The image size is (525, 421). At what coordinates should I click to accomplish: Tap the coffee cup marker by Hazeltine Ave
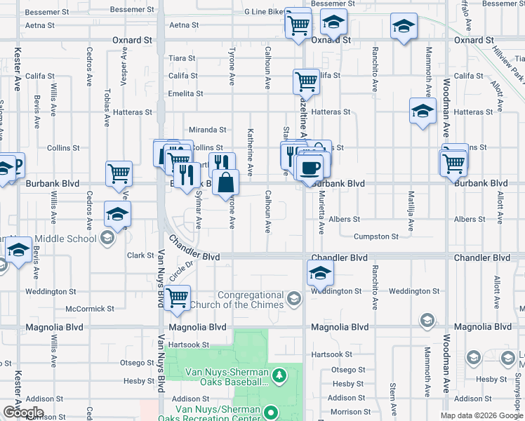pos(310,168)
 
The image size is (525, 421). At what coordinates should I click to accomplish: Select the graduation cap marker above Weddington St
pos(320,272)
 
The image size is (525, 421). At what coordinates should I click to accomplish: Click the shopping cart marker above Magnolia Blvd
pos(178,298)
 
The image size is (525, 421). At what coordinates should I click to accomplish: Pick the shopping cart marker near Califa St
pos(306,82)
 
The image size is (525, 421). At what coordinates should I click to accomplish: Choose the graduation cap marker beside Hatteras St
pos(423,111)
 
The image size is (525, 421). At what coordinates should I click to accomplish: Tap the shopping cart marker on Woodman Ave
pos(454,163)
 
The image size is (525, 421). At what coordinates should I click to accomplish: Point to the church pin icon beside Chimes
pos(294,300)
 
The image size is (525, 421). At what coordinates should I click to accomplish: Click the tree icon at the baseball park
pos(279,376)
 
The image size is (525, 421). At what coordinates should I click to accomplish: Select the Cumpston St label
pos(376,237)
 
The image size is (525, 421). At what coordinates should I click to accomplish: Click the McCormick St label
pos(89,309)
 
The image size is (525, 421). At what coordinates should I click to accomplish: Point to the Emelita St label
pos(185,94)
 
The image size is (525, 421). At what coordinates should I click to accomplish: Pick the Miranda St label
pos(207,130)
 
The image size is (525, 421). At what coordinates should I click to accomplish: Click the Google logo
pos(23,413)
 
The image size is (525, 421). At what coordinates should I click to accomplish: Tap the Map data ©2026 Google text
pos(481,416)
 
